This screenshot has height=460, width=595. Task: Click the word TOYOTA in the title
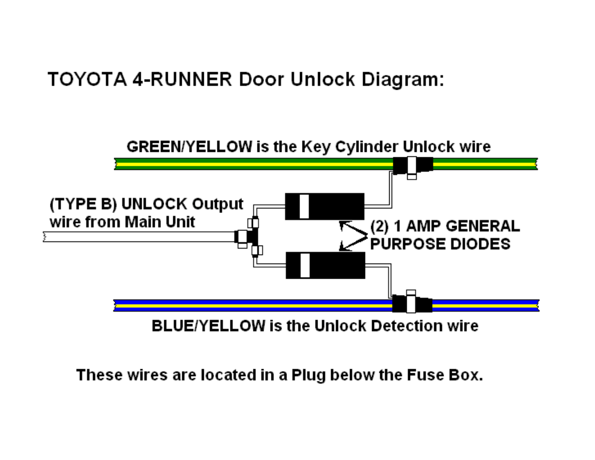click(87, 79)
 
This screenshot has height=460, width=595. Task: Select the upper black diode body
click(325, 206)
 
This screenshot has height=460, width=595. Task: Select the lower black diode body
click(326, 265)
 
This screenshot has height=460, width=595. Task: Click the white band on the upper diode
click(305, 206)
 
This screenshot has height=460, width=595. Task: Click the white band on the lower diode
click(305, 265)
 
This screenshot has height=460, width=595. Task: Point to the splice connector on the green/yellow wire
click(413, 167)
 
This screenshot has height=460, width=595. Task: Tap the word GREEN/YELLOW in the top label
click(189, 146)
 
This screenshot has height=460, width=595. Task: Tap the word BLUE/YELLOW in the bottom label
click(208, 326)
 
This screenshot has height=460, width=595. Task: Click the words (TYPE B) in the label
click(83, 204)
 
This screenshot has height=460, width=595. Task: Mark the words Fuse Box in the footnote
click(445, 375)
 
